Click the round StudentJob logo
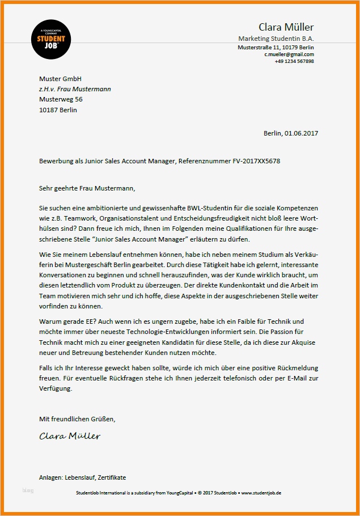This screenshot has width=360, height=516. click(51, 40)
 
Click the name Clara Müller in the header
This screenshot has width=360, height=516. click(286, 27)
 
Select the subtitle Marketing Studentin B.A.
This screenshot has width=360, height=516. click(276, 38)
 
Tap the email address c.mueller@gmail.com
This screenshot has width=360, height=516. click(289, 54)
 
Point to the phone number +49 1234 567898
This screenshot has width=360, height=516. click(294, 61)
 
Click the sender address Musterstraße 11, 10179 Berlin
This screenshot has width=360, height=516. click(276, 47)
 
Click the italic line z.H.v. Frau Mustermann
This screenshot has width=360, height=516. click(75, 89)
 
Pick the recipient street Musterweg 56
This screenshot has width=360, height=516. click(61, 99)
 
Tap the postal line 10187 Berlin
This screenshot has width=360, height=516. click(58, 110)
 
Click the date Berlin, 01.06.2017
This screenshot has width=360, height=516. click(291, 133)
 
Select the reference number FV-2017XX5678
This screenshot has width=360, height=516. click(256, 161)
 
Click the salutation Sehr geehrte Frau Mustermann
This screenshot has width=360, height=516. click(87, 188)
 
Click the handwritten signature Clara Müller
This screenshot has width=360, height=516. click(70, 436)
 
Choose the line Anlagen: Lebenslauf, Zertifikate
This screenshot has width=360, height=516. click(83, 477)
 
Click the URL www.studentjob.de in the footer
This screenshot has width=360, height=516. click(261, 493)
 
